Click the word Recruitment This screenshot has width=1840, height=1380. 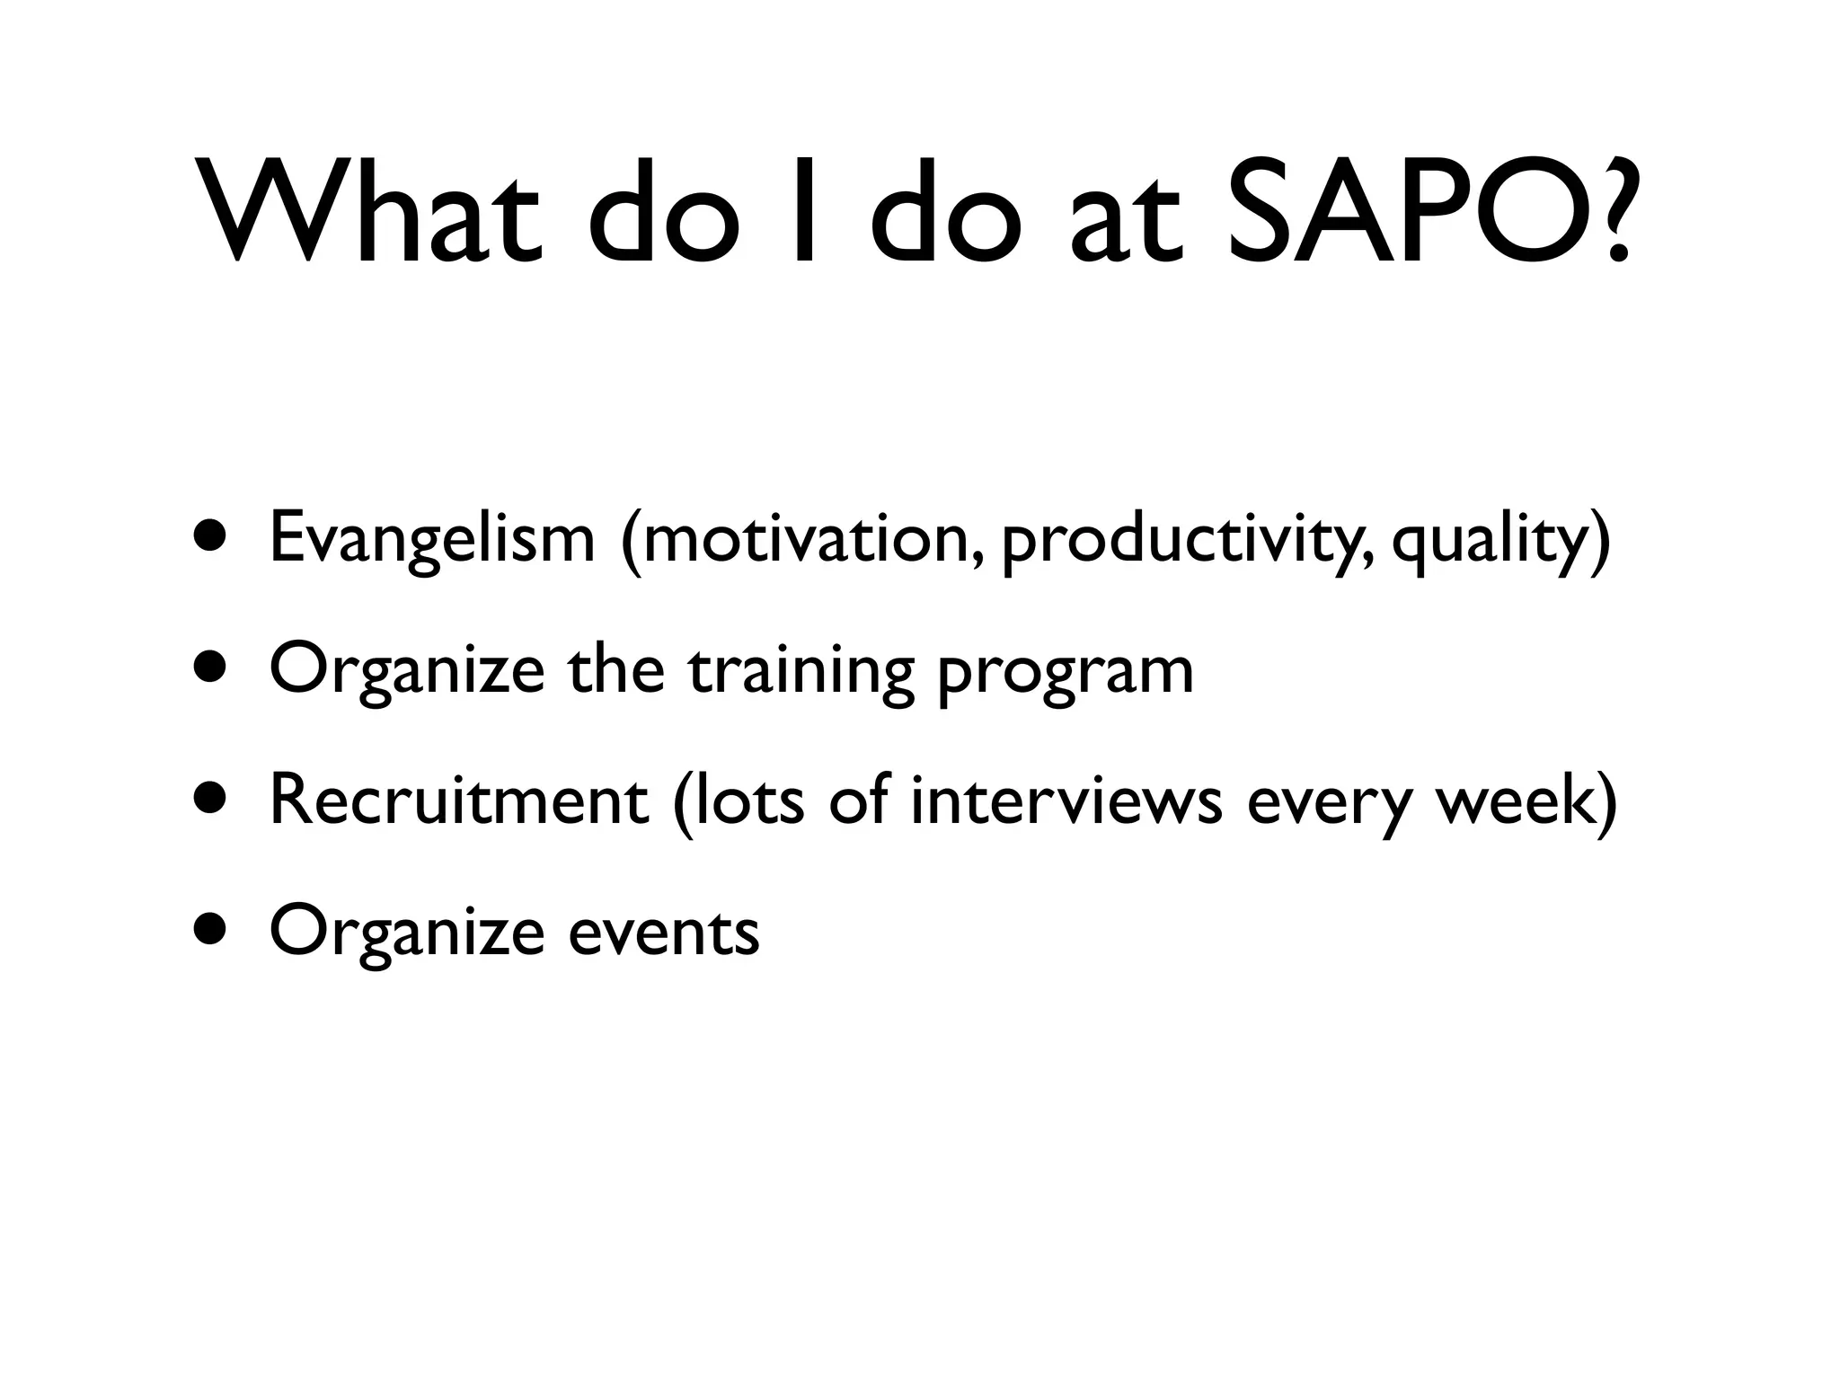(458, 801)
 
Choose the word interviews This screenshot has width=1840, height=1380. (1066, 801)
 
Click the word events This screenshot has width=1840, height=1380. (664, 933)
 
